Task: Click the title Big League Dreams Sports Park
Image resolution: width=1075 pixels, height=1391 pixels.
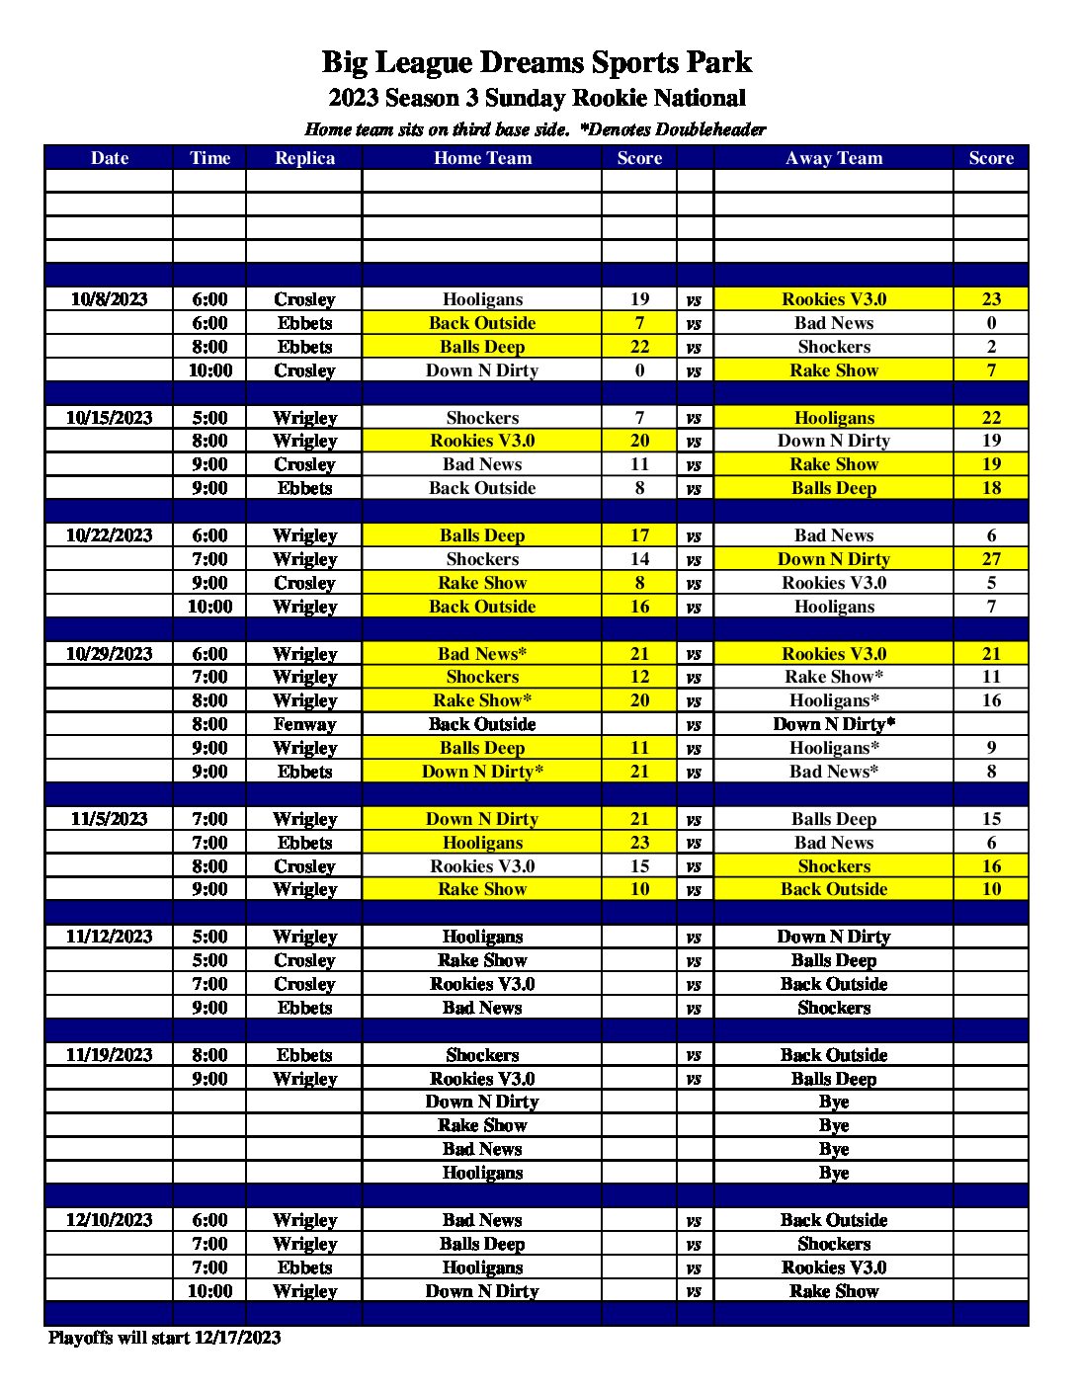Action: (537, 62)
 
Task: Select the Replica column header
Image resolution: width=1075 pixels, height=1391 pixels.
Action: (304, 158)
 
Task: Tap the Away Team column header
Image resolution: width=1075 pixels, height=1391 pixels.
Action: (834, 158)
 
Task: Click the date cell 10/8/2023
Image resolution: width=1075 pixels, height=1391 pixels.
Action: (109, 299)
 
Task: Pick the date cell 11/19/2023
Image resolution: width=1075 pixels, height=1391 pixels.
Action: (109, 1055)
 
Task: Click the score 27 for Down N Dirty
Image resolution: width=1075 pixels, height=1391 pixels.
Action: (991, 559)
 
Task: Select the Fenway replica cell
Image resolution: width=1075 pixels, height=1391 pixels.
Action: (304, 724)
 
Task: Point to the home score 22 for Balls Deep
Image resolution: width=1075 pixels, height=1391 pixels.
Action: (639, 347)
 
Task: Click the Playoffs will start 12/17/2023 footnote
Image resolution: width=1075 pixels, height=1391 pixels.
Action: (164, 1338)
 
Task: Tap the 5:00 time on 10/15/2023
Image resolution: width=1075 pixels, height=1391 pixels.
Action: (209, 418)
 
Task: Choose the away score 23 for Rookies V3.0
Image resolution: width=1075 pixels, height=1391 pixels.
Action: (991, 299)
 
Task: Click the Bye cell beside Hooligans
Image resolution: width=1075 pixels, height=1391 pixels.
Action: (834, 1173)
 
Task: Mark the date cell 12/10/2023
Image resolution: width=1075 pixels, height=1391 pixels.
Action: (109, 1220)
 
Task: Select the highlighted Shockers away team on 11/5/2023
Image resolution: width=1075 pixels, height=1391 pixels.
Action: (834, 866)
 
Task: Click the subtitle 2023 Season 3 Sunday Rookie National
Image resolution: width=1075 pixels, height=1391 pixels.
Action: (537, 98)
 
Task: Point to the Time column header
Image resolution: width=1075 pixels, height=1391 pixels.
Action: (209, 158)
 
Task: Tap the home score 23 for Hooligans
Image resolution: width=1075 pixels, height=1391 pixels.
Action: (639, 843)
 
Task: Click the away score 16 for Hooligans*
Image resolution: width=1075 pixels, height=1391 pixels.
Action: (991, 700)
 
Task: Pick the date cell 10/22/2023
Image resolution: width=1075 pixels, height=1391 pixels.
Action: (109, 535)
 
